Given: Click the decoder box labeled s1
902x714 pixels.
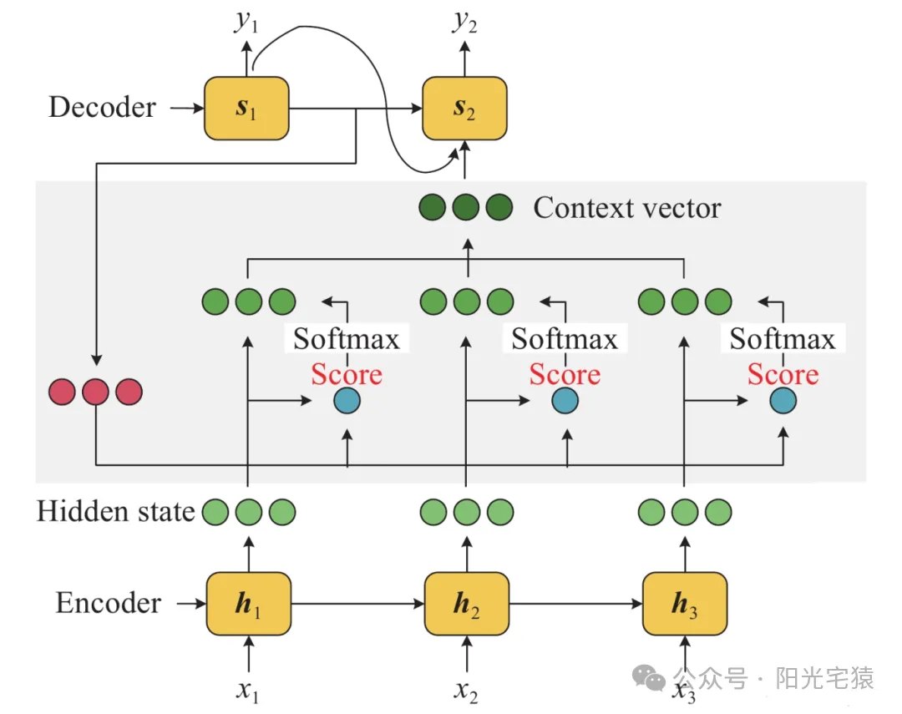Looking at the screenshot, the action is pyautogui.click(x=246, y=109).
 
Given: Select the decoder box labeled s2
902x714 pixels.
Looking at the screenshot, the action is pyautogui.click(x=465, y=109).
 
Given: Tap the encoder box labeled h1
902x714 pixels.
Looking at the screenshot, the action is pyautogui.click(x=249, y=604).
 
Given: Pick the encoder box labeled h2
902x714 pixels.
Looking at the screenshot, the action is pyautogui.click(x=467, y=604).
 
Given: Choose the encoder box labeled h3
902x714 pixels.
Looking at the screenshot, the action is pyautogui.click(x=685, y=604).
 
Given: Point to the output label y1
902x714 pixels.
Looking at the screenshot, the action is pyautogui.click(x=246, y=21).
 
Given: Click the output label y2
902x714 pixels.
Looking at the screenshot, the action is pyautogui.click(x=465, y=21).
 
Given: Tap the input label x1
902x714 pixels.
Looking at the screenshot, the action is pyautogui.click(x=247, y=691).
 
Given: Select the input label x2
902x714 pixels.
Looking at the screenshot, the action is pyautogui.click(x=466, y=691).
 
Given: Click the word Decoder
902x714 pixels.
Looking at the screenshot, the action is pyautogui.click(x=103, y=107).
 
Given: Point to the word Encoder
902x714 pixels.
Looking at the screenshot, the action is pyautogui.click(x=108, y=603).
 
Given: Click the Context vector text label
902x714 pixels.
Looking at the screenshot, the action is pyautogui.click(x=627, y=208).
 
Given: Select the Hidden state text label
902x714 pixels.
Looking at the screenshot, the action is pyautogui.click(x=115, y=511).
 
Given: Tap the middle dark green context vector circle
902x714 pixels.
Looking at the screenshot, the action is pyautogui.click(x=466, y=207).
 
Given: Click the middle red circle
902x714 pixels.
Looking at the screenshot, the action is pyautogui.click(x=95, y=392).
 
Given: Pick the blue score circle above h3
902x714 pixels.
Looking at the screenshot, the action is pyautogui.click(x=783, y=401).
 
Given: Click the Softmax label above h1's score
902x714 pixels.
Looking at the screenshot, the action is pyautogui.click(x=347, y=338).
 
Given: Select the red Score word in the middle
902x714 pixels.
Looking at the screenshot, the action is pyautogui.click(x=565, y=375).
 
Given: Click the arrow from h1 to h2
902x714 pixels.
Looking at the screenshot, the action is pyautogui.click(x=357, y=604).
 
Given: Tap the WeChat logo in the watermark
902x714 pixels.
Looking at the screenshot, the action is pyautogui.click(x=648, y=678).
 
